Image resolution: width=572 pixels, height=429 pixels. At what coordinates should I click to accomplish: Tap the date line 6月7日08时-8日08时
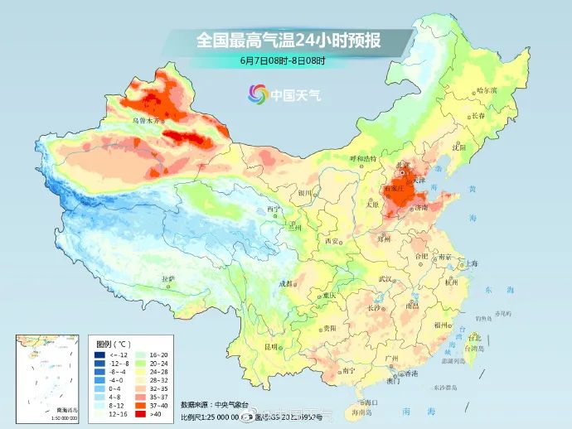coord(283,60)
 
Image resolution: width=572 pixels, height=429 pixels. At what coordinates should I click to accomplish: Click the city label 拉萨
coord(168,279)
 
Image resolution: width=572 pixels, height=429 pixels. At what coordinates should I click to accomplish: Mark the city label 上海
coord(471,264)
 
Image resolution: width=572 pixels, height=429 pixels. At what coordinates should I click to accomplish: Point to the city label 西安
coord(332,240)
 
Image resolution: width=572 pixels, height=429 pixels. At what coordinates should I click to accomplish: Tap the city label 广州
coord(392,357)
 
